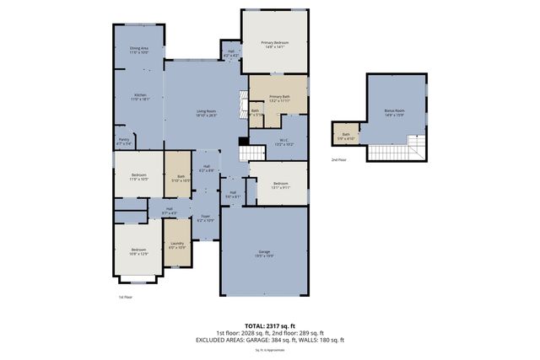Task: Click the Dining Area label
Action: pos(139,50)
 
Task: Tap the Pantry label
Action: pos(123,142)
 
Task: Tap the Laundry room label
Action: pos(177,245)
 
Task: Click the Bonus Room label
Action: pos(394,112)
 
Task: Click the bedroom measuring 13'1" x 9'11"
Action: pos(280,185)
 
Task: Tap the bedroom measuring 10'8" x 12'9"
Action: pos(138,250)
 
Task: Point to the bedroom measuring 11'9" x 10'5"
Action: pos(138,177)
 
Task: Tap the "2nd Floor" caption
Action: pos(337,159)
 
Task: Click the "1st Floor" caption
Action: pos(126,297)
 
